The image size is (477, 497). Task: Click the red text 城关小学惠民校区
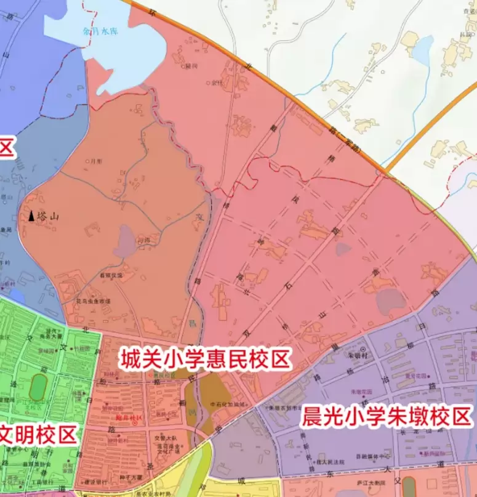click(206, 358)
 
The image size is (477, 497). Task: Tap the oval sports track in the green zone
click(38, 386)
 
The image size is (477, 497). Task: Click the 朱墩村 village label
click(358, 356)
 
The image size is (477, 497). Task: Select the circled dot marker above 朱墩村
click(363, 349)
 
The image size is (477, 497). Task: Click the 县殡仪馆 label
click(111, 276)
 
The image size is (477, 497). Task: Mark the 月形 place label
click(96, 161)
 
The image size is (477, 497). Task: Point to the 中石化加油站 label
click(228, 404)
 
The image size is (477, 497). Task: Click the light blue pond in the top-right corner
click(422, 49)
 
